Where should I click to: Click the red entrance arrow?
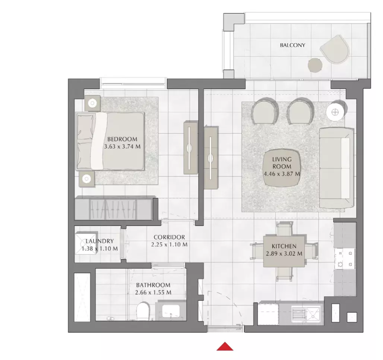click(225, 347)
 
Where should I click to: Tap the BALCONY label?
click(292, 45)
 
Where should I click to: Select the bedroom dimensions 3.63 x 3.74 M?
click(122, 146)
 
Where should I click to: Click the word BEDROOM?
click(122, 139)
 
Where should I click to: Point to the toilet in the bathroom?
click(143, 311)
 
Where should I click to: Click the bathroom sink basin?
click(171, 311)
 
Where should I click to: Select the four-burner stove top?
click(345, 259)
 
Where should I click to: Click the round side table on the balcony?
click(315, 65)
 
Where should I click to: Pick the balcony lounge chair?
click(335, 49)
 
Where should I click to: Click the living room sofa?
click(336, 168)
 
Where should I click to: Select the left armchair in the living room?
click(264, 111)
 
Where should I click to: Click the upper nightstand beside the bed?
click(92, 103)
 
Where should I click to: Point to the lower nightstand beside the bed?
click(87, 179)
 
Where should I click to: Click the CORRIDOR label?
click(169, 237)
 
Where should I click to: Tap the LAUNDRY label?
click(99, 241)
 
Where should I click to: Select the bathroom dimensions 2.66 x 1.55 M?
click(153, 292)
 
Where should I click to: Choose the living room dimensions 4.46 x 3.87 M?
click(282, 174)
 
